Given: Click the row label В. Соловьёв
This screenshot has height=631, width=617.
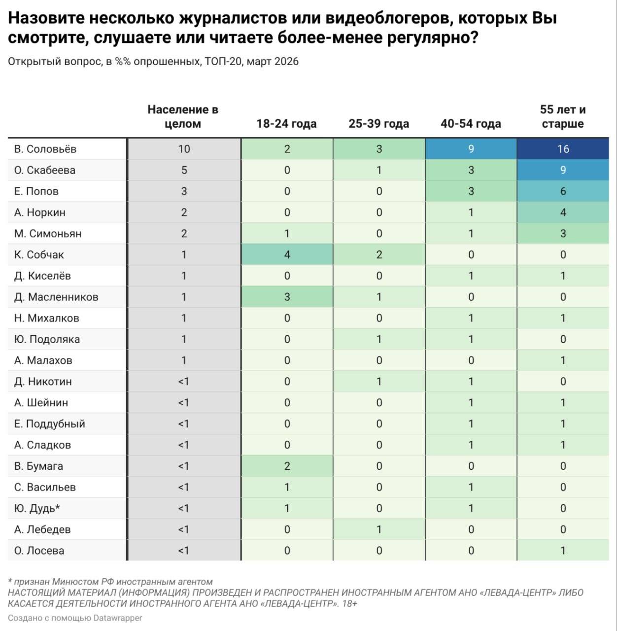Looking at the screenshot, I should point(45,149).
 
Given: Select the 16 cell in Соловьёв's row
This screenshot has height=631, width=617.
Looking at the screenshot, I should point(563,149).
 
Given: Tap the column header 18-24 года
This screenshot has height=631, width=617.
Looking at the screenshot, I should point(286,124).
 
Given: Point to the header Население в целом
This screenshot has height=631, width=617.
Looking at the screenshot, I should point(183,116).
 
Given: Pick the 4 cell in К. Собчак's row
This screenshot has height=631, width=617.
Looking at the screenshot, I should point(287,255).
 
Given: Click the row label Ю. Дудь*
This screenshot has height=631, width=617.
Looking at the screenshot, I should point(37,508).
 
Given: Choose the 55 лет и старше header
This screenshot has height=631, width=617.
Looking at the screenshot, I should point(563,116).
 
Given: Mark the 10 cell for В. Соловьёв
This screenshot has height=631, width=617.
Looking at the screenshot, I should point(184,149).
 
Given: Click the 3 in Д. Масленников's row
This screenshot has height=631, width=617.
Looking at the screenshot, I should point(287,297).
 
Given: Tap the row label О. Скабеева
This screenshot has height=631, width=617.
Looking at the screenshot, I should point(45,170).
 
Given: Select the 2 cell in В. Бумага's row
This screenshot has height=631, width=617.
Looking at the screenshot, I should point(287,466).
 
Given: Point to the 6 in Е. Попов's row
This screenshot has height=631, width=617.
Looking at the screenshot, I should point(563,191).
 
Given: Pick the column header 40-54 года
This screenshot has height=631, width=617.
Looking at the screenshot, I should point(471,124).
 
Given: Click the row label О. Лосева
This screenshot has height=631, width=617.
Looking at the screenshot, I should point(39,551).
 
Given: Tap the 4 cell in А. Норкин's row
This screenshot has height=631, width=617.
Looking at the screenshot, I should point(563,212).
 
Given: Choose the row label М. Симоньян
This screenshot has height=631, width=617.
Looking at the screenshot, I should point(48,234).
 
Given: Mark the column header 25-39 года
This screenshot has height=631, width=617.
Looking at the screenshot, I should point(378,124).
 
